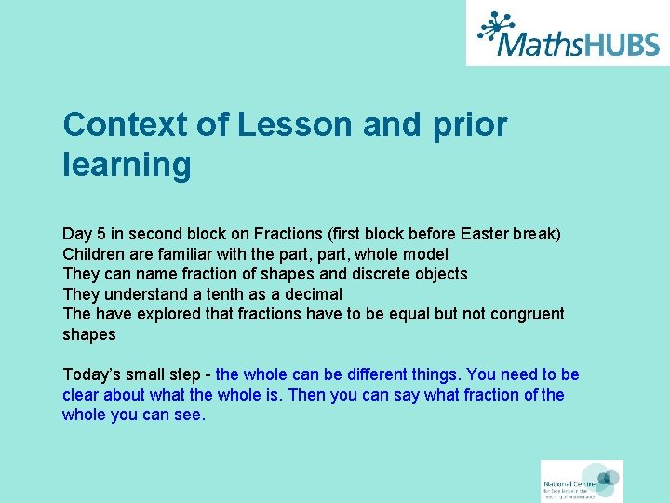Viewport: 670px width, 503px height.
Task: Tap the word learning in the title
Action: point(127,166)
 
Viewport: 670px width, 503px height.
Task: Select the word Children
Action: point(92,253)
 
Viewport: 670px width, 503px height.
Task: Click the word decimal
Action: point(310,294)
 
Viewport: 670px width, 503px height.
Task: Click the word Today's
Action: point(91,374)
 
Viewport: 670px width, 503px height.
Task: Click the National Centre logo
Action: point(582,482)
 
